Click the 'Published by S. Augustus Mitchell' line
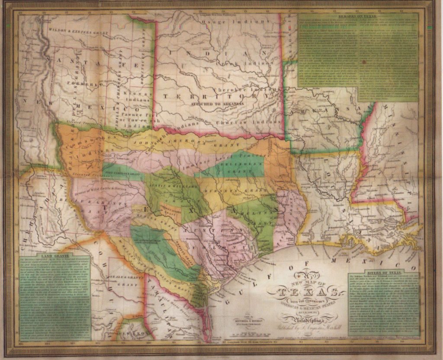click(x=305, y=328)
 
